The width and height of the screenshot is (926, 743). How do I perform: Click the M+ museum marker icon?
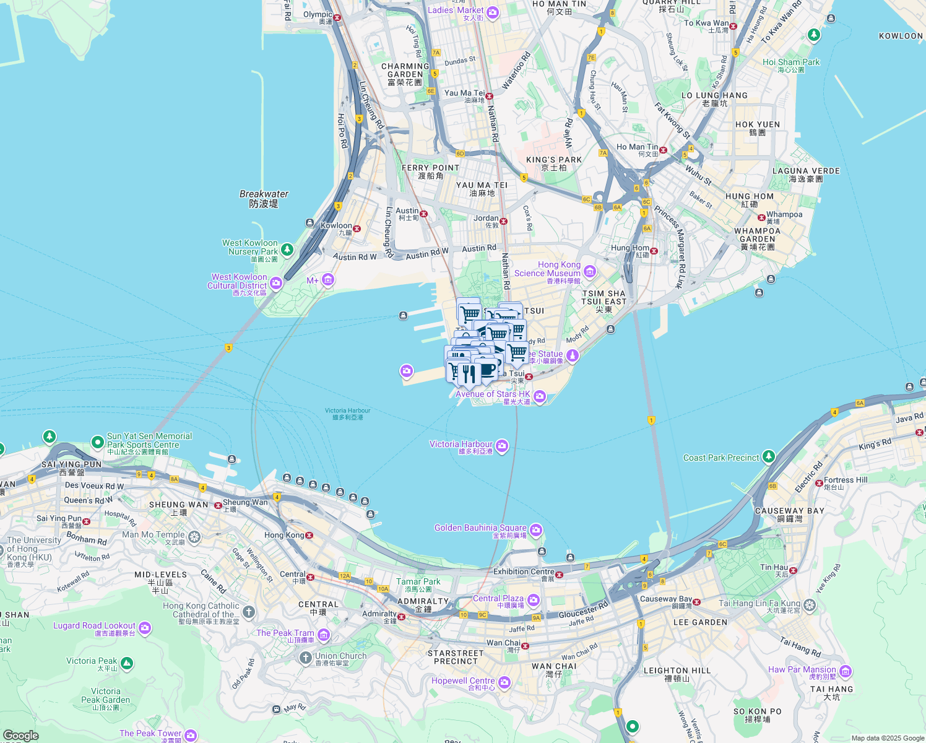click(328, 280)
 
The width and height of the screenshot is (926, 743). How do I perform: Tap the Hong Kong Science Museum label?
click(548, 269)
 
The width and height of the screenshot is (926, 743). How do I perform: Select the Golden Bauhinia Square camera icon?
click(536, 530)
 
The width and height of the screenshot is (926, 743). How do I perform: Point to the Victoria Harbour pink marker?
click(502, 446)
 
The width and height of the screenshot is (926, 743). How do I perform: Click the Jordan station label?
click(486, 219)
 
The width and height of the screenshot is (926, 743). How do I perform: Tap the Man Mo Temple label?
click(154, 535)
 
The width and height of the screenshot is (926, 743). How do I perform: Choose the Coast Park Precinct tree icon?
click(768, 457)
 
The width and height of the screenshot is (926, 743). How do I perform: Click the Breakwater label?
click(264, 199)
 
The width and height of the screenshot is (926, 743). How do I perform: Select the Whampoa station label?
click(784, 215)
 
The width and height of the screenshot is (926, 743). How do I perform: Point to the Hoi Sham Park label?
click(791, 63)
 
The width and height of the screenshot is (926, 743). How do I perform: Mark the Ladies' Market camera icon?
click(493, 12)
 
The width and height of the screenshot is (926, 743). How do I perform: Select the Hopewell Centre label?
click(463, 681)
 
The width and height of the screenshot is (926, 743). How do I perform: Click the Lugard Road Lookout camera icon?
click(145, 628)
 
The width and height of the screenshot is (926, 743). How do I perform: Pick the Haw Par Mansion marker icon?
click(846, 671)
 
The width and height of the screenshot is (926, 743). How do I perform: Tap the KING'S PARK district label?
click(554, 160)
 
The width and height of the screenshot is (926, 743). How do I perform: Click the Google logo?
click(20, 735)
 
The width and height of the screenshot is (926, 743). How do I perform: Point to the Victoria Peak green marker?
click(127, 664)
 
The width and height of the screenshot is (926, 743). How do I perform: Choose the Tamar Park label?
click(418, 582)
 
